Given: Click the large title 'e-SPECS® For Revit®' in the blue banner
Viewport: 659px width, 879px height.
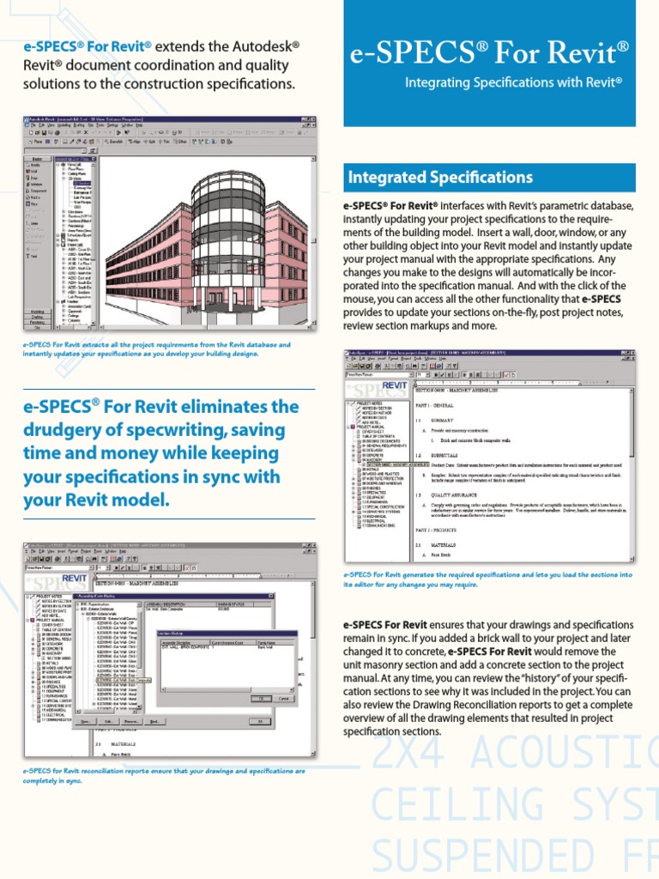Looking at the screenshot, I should click(x=489, y=54).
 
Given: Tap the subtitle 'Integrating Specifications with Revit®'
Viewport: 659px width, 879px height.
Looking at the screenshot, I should click(x=513, y=82).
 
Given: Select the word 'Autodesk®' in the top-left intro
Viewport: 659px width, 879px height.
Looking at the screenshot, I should click(x=265, y=45).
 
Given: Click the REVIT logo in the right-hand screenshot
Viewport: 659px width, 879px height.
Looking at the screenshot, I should click(x=394, y=386).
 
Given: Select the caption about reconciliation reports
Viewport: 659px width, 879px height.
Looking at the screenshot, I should click(x=164, y=775).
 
